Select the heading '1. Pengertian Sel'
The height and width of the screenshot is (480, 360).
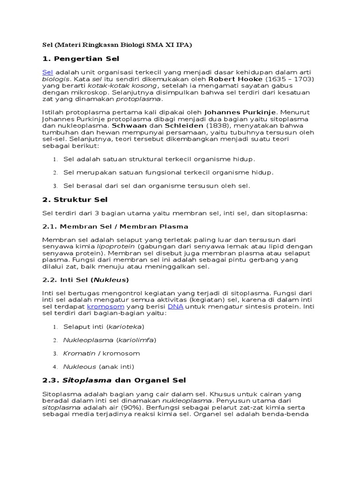(x=81, y=59)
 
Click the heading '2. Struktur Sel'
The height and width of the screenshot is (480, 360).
(x=75, y=200)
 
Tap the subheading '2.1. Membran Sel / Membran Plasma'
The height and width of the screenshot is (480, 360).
(x=115, y=226)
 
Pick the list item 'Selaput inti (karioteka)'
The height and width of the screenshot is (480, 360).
(x=104, y=326)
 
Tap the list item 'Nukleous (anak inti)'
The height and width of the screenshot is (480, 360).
(x=98, y=366)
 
